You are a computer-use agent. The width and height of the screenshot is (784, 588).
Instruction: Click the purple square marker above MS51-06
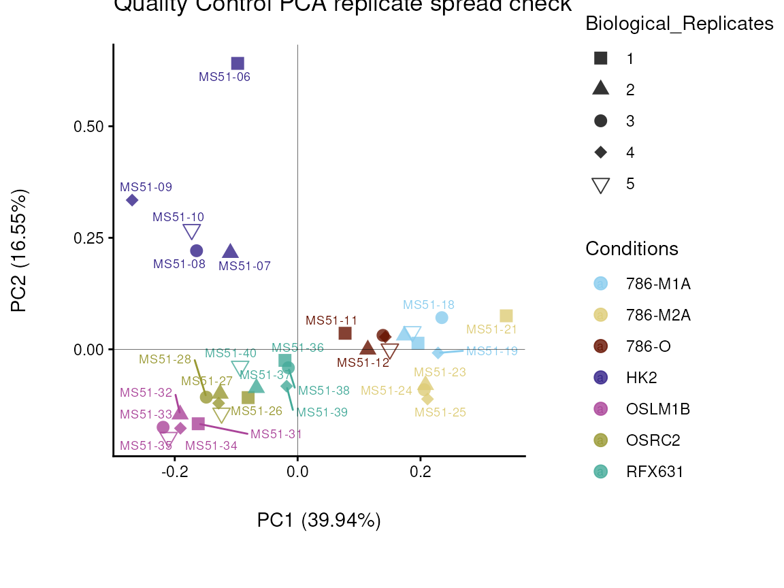tap(238, 63)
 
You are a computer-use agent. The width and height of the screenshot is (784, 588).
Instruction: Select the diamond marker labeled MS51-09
tap(132, 200)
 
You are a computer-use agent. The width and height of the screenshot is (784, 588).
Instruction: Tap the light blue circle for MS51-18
tap(442, 318)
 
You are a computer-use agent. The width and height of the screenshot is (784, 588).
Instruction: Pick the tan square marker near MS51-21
tap(506, 316)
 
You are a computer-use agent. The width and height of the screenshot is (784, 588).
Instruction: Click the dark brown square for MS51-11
tap(345, 333)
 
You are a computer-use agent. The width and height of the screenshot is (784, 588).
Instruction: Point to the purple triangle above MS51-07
tap(231, 251)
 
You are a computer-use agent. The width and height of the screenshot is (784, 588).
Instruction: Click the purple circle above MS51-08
tap(197, 250)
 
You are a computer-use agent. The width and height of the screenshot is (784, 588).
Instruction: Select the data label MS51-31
tap(276, 434)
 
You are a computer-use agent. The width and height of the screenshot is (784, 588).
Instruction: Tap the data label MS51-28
tap(165, 359)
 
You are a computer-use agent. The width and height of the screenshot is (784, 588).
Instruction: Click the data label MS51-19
tap(492, 351)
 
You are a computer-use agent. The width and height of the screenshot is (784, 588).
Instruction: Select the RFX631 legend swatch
tap(600, 472)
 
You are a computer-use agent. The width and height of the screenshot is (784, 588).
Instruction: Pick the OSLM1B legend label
tap(658, 409)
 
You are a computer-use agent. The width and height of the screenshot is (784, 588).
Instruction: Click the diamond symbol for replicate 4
tap(600, 152)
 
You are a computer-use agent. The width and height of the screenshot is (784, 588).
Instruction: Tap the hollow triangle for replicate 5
tap(600, 184)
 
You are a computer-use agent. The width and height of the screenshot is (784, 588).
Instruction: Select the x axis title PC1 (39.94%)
tap(318, 520)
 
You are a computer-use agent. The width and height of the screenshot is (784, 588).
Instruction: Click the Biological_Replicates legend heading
tap(679, 24)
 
